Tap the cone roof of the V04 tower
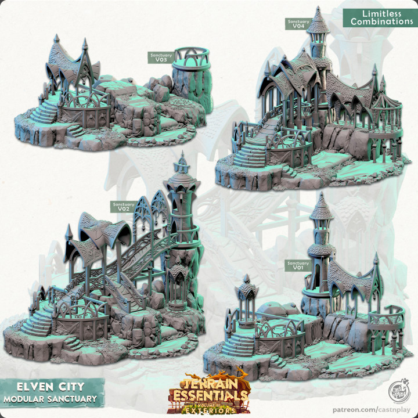[316, 21]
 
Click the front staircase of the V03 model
[45, 113]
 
